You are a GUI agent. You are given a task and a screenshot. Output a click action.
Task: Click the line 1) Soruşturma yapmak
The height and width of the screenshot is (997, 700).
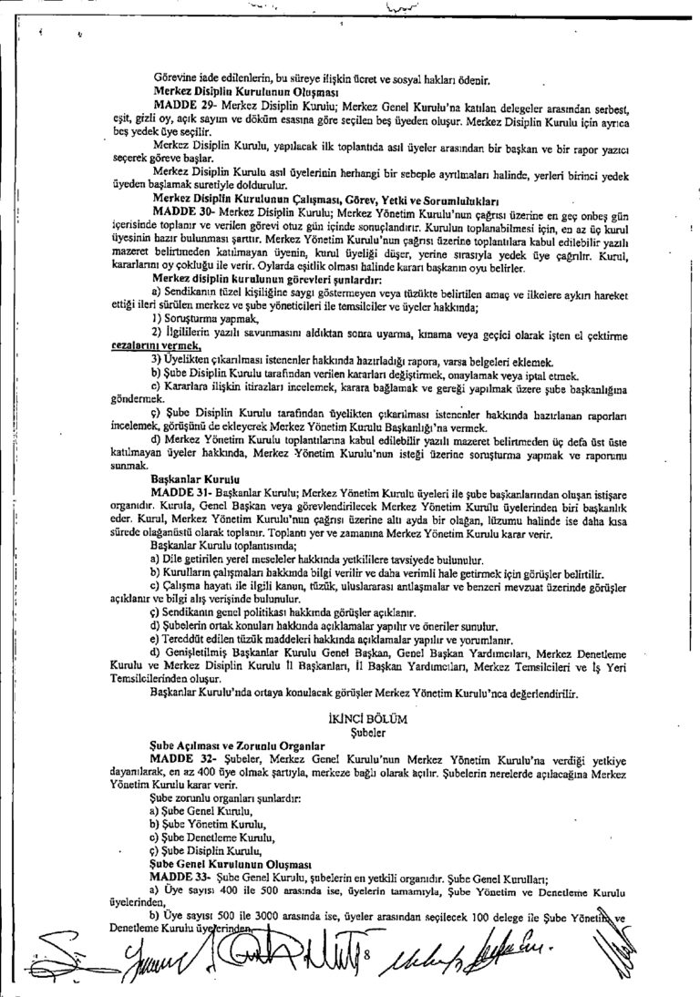(x=197, y=319)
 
